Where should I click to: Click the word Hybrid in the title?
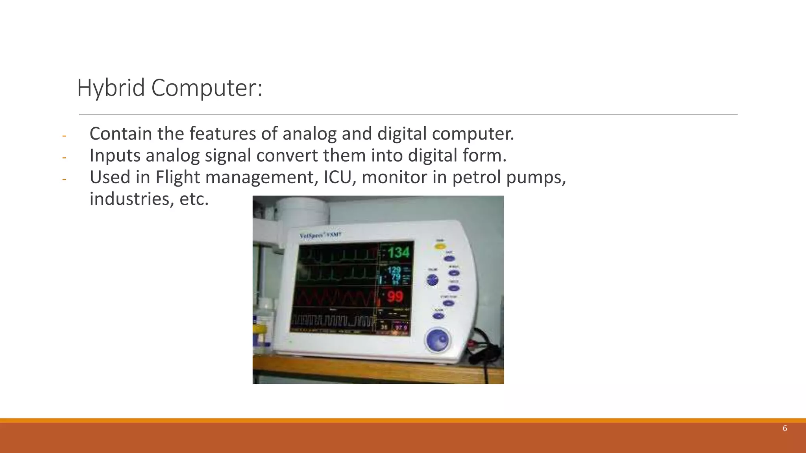tap(111, 88)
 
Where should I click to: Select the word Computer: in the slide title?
tap(207, 88)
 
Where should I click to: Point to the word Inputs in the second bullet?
tap(115, 155)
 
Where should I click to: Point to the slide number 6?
tap(785, 429)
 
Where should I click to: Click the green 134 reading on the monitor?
tap(398, 252)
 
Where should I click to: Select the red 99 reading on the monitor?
tap(395, 296)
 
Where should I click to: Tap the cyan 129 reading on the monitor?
tap(394, 270)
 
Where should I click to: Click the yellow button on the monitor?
tap(439, 246)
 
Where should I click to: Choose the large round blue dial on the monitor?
tap(437, 340)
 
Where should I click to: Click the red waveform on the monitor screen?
tap(335, 298)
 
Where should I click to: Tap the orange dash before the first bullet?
tap(64, 136)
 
